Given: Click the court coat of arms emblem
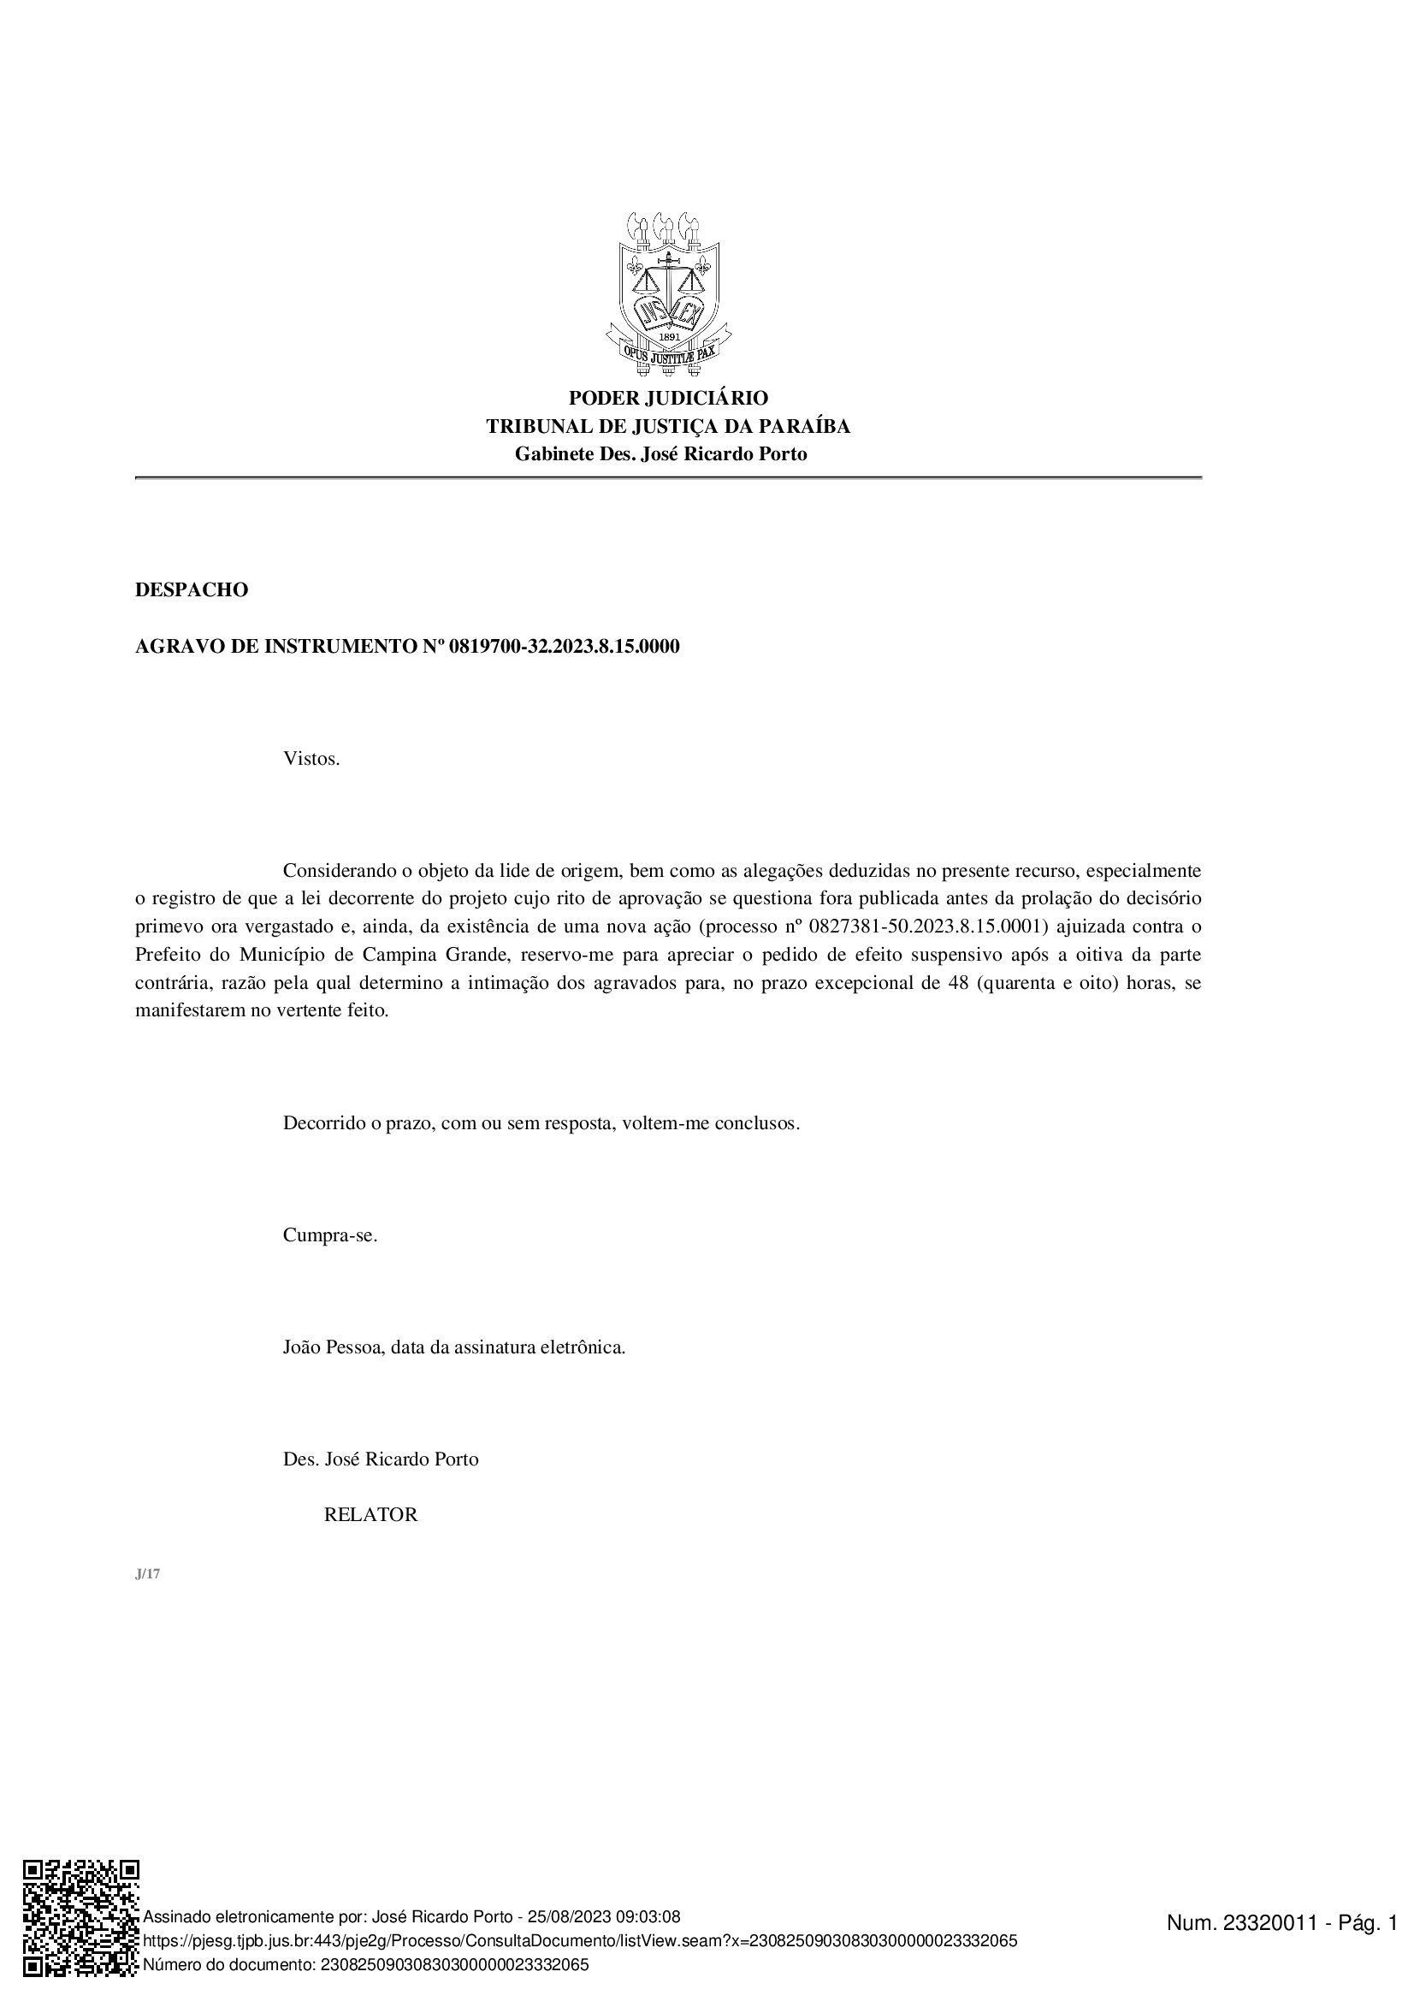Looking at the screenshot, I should pos(668,293).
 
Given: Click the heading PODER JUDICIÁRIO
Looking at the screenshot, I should pos(668,399).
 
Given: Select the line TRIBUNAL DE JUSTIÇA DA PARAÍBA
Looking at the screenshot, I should pos(668,426).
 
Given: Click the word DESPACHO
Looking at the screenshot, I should pos(192,590).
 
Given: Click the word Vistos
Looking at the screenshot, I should pos(311,758).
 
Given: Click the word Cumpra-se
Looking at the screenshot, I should pos(330,1236).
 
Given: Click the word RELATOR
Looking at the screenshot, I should pos(370,1515).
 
